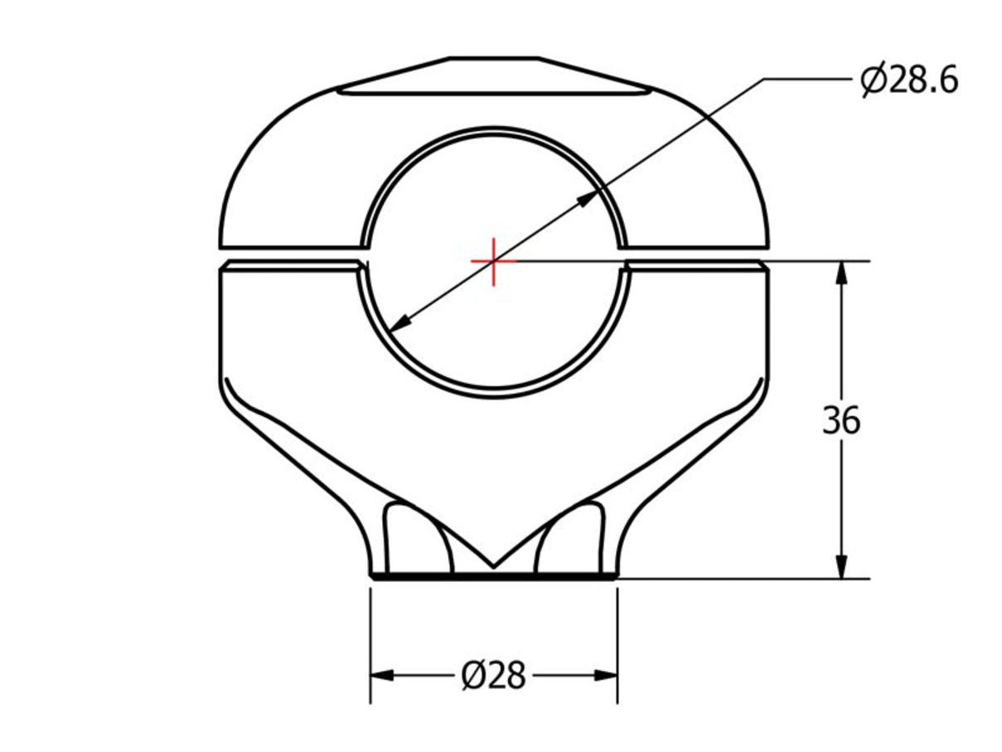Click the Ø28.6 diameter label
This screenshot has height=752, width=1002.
(x=908, y=80)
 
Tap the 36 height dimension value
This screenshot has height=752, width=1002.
(x=841, y=421)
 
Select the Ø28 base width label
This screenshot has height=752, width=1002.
(x=493, y=677)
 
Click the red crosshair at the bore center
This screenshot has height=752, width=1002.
(x=494, y=261)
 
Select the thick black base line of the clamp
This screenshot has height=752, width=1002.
(x=494, y=575)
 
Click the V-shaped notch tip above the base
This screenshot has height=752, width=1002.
(x=494, y=565)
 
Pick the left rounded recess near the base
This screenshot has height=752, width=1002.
(x=414, y=539)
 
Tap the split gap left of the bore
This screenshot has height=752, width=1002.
(x=290, y=255)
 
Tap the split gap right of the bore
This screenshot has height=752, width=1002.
(x=696, y=255)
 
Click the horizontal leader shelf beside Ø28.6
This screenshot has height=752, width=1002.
(x=808, y=80)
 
